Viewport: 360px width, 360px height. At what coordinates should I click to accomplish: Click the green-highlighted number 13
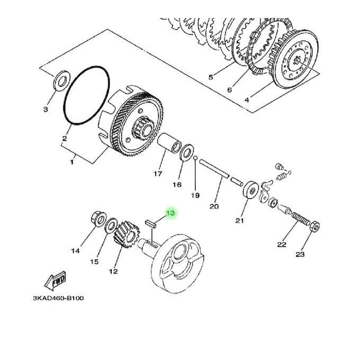[x=170, y=213]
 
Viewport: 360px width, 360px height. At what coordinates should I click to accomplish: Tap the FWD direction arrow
[x=55, y=281]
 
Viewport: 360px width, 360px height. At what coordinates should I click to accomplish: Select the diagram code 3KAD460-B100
[x=58, y=299]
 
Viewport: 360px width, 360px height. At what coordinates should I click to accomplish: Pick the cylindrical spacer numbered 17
[x=169, y=143]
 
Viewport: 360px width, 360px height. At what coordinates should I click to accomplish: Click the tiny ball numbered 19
[x=195, y=158]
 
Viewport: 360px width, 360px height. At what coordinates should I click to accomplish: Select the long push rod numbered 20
[x=214, y=169]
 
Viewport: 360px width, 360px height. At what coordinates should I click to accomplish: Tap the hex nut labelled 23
[x=315, y=227]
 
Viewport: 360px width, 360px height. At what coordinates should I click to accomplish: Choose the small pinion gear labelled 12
[x=127, y=235]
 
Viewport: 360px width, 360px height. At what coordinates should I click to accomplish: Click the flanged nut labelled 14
[x=98, y=219]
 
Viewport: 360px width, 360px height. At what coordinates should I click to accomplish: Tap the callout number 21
[x=239, y=221]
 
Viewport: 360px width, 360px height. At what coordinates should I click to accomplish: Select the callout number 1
[x=72, y=162]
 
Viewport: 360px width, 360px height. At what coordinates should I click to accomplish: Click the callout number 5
[x=211, y=77]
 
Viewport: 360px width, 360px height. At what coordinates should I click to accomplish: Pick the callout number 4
[x=247, y=100]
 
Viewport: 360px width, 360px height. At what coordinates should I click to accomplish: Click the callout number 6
[x=230, y=89]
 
